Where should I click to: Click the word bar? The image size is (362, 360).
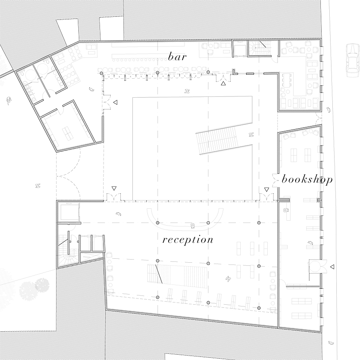click(x=177, y=57)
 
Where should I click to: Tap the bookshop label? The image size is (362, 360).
click(x=307, y=180)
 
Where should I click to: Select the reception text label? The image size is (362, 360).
click(x=188, y=240)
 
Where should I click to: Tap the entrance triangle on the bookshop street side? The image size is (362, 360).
click(x=332, y=266)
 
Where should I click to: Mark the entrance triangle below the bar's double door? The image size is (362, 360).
click(x=223, y=83)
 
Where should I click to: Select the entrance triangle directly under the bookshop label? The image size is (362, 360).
click(x=266, y=190)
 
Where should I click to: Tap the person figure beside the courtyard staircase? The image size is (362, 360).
click(x=251, y=135)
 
